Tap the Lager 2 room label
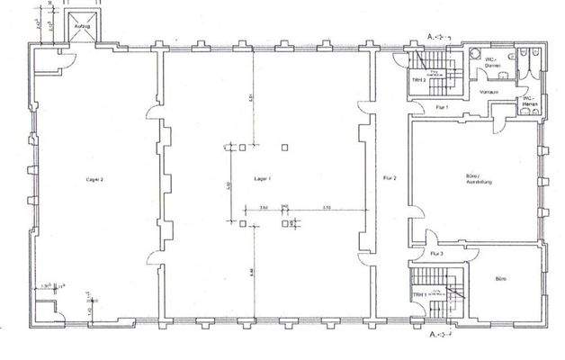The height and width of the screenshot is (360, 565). (95, 180)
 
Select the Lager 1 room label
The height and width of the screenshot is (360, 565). (264, 180)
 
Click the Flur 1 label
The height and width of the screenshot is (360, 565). (441, 108)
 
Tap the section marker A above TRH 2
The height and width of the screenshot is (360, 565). (432, 36)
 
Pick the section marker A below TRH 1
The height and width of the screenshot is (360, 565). (432, 335)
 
